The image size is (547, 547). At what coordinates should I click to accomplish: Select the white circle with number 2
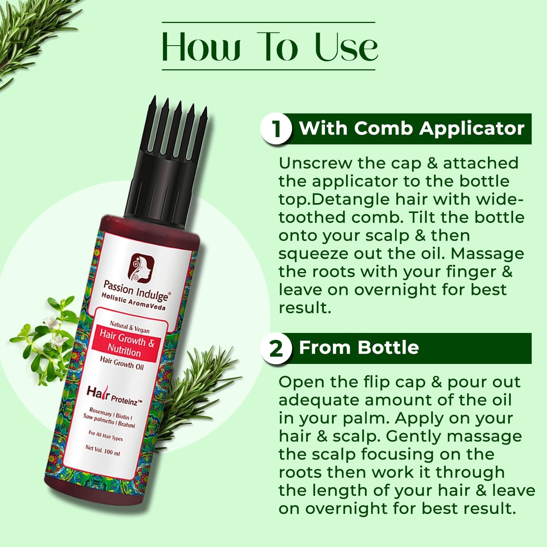276,348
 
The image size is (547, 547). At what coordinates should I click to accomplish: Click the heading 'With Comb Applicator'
412,128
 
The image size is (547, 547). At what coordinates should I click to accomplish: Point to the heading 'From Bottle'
359,348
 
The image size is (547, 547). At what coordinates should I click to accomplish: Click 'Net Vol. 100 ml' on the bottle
102,450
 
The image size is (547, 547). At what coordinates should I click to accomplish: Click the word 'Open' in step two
300,382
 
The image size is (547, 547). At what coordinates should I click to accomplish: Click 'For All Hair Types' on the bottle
105,436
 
